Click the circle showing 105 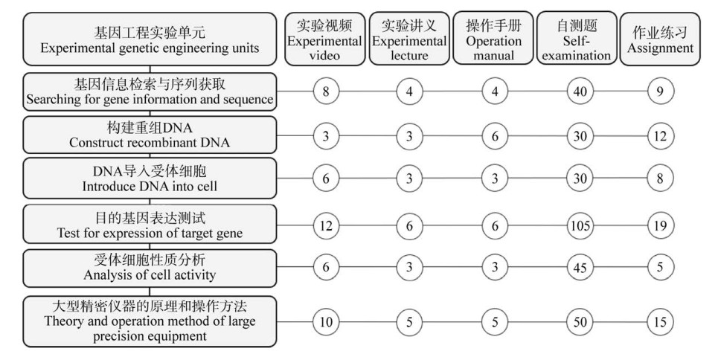pos(580,226)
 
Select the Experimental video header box pos(324,39)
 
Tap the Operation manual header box pos(493,38)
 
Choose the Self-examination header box pos(577,38)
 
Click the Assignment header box pos(660,39)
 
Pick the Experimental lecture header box pos(409,39)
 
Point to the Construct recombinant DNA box pos(150,135)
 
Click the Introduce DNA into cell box pos(150,179)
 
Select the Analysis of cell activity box pos(150,268)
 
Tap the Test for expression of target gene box pos(150,224)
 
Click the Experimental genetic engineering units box pos(150,39)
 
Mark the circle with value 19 pos(660,226)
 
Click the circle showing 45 pos(580,267)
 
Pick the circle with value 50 pos(580,322)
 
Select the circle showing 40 pos(580,91)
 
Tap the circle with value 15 pos(660,322)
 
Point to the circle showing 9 pos(660,91)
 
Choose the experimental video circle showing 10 pos(326,322)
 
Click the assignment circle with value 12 pos(660,136)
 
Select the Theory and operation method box pos(150,321)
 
